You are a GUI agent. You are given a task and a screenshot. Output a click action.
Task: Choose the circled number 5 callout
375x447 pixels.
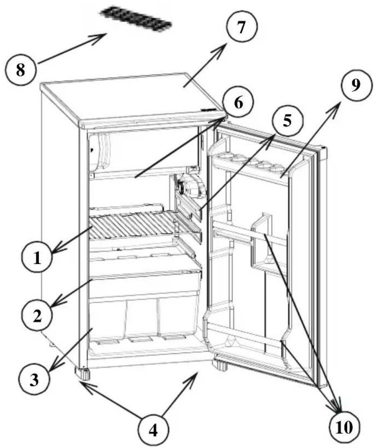pyautogui.click(x=287, y=120)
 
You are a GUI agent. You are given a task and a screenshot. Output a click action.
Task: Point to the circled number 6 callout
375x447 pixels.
pyautogui.click(x=238, y=103)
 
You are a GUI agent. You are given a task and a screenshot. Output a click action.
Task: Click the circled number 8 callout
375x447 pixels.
pyautogui.click(x=20, y=70)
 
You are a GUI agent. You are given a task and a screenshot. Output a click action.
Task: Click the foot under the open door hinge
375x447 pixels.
pyautogui.click(x=220, y=366)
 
